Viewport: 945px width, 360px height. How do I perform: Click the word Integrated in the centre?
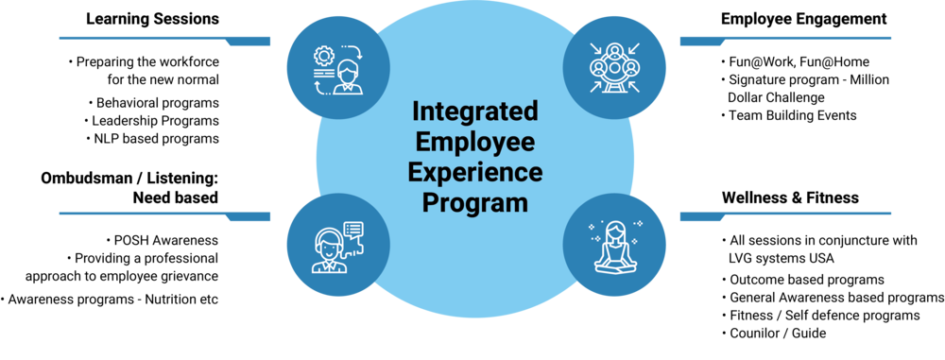pyautogui.click(x=474, y=112)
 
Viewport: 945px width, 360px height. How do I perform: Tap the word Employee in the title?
pyautogui.click(x=474, y=143)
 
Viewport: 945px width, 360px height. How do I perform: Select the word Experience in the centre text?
pyautogui.click(x=474, y=173)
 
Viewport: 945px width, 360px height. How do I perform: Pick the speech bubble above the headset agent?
pyautogui.click(x=353, y=230)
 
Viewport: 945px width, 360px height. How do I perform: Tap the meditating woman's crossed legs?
pyautogui.click(x=615, y=266)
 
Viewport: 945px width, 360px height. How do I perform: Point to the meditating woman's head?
pyautogui.click(x=615, y=230)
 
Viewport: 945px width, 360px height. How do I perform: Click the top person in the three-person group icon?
pyautogui.click(x=615, y=52)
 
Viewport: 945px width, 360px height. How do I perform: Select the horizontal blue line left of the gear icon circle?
pyautogui.click(x=142, y=39)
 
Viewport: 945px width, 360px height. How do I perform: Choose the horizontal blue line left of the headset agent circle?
pyautogui.click(x=142, y=214)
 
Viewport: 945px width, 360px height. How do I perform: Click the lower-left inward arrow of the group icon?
pyautogui.click(x=596, y=88)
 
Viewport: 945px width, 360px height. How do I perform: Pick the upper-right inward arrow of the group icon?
pyautogui.click(x=635, y=47)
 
